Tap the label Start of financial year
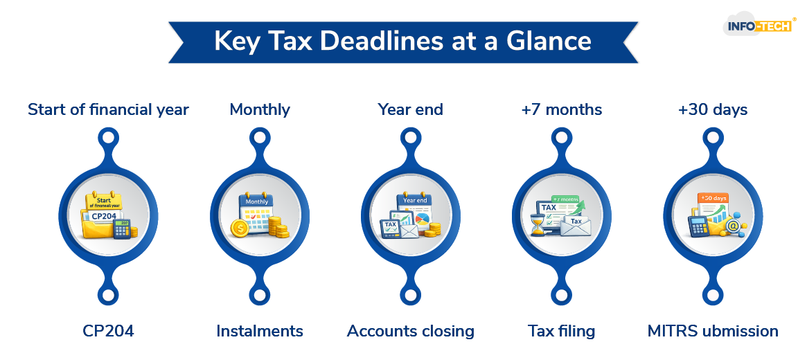click(x=108, y=109)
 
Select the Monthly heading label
click(x=260, y=109)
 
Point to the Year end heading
click(x=410, y=109)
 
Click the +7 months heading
click(x=562, y=109)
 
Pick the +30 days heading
click(x=713, y=109)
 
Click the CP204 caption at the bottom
click(x=107, y=332)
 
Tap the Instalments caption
click(x=260, y=332)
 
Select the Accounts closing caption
click(x=411, y=332)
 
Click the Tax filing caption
click(x=562, y=332)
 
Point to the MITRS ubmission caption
click(x=713, y=332)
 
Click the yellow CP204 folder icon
click(x=101, y=219)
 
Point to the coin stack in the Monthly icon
click(x=278, y=227)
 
